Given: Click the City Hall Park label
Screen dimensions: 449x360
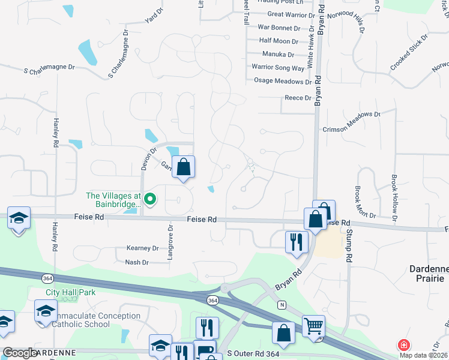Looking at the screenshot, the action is [71, 293].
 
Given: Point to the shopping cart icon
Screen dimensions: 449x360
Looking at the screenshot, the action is [313, 326].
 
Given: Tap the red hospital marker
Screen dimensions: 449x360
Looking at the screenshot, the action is [403, 346].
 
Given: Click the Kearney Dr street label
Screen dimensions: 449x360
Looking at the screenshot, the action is [142, 248].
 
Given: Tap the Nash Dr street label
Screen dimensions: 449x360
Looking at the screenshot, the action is [137, 262].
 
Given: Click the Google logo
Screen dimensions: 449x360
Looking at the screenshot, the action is [20, 352].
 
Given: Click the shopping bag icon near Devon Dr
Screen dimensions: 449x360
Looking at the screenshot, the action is [184, 166].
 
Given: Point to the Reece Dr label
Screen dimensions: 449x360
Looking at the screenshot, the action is [298, 98].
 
